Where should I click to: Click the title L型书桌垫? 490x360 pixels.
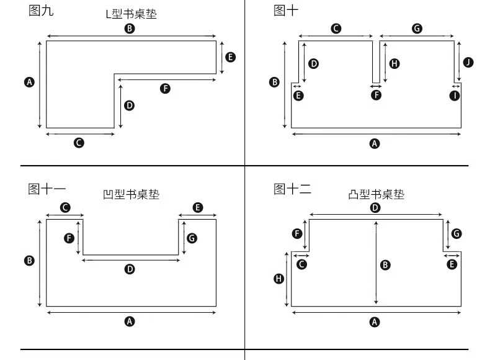click(131, 14)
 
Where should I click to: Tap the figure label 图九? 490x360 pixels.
click(41, 11)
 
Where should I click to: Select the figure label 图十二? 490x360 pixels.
click(292, 189)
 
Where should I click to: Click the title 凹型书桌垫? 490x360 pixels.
click(131, 194)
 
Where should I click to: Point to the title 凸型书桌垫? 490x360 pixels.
click(376, 194)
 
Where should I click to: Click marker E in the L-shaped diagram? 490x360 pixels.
click(230, 57)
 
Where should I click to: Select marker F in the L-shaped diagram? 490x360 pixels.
click(166, 89)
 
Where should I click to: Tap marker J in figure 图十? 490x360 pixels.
click(468, 62)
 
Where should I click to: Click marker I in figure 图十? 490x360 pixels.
click(455, 96)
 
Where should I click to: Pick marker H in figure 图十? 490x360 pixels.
click(394, 64)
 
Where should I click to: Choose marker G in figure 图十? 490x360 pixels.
click(417, 29)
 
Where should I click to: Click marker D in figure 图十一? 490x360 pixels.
click(130, 269)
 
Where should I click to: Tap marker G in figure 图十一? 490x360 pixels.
click(192, 238)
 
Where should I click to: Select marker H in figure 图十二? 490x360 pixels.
click(278, 279)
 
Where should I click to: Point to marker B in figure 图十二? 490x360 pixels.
click(385, 265)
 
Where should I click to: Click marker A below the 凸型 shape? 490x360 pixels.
click(375, 322)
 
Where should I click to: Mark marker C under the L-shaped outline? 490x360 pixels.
click(79, 143)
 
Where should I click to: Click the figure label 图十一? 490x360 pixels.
click(47, 189)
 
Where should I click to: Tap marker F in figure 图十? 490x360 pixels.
click(376, 95)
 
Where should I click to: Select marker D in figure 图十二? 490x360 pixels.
click(375, 208)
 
